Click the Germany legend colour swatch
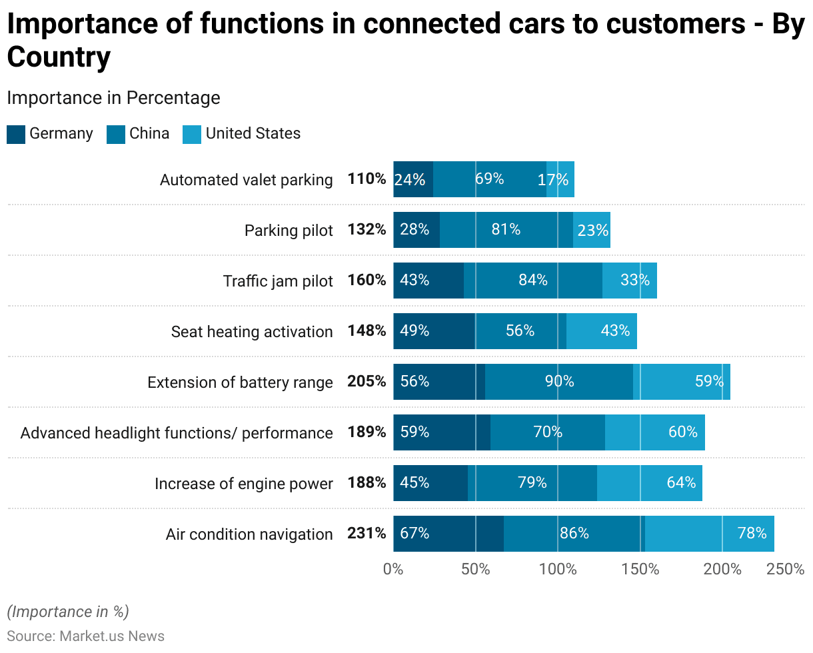(16, 134)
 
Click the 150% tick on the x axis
(640, 570)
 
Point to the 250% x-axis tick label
(786, 570)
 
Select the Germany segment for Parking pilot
(416, 230)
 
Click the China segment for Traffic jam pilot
(533, 281)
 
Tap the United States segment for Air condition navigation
(709, 534)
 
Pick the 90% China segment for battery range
(558, 382)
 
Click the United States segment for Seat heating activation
(602, 331)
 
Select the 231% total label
(367, 534)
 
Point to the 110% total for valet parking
(367, 179)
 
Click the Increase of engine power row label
(243, 483)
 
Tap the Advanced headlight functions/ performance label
(177, 432)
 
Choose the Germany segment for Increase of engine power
(430, 483)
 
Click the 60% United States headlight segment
(655, 432)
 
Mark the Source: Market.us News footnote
(85, 636)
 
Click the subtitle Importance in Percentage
(113, 98)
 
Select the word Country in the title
(59, 58)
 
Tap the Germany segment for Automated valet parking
(413, 179)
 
